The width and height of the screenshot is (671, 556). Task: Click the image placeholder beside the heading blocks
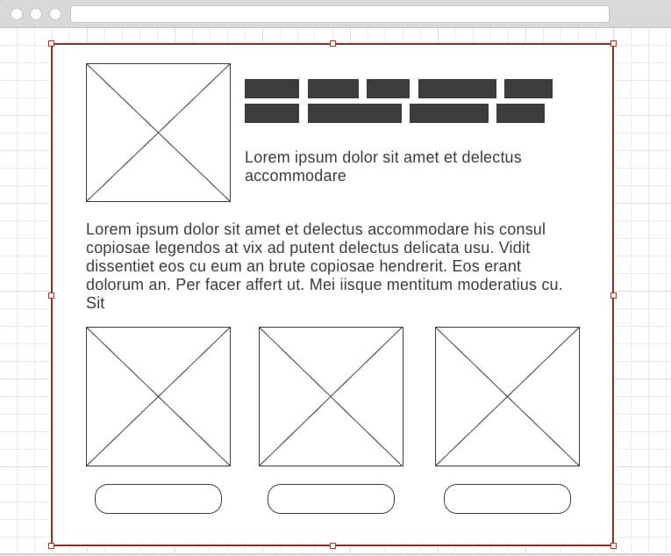(158, 133)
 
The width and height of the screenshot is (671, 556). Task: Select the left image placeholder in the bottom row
(158, 396)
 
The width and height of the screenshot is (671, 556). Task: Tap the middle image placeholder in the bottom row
(331, 396)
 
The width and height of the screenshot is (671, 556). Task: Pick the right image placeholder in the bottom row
(507, 396)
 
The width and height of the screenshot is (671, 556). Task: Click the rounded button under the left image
(158, 499)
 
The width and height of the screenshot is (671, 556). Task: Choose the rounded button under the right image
(507, 499)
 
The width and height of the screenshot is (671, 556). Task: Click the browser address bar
(339, 14)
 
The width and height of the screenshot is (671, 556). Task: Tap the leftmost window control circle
(17, 14)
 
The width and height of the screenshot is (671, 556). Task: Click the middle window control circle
(36, 14)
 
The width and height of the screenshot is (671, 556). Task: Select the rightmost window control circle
(55, 14)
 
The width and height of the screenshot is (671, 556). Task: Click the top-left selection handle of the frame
(51, 43)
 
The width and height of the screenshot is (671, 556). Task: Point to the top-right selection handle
(613, 43)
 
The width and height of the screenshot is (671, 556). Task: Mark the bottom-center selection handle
(332, 545)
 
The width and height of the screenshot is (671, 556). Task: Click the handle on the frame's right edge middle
(613, 295)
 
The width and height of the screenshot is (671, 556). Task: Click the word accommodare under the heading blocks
(295, 176)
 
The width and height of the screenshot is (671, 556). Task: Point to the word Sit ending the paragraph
(96, 303)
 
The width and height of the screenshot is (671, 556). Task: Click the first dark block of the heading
(272, 89)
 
